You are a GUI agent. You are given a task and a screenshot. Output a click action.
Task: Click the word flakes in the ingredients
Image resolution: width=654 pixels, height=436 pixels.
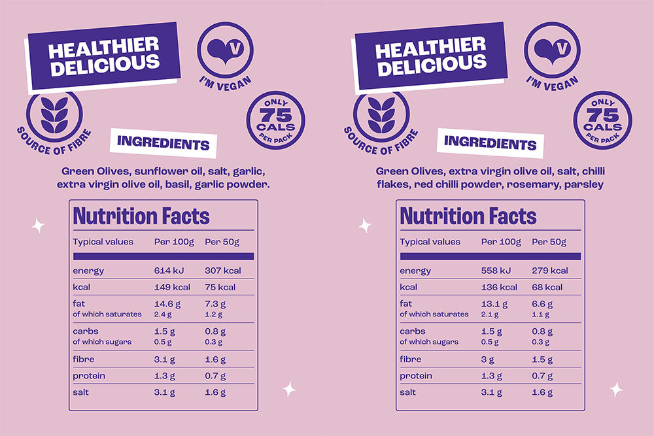tap(391, 185)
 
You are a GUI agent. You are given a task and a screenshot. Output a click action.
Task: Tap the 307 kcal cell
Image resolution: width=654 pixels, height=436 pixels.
tap(224, 271)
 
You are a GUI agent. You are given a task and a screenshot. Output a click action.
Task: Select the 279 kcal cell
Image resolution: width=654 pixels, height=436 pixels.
tap(550, 271)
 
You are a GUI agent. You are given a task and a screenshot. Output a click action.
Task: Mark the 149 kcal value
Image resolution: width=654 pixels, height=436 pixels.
tap(172, 287)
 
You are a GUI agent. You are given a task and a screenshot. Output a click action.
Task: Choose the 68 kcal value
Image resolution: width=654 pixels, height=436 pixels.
tap(547, 287)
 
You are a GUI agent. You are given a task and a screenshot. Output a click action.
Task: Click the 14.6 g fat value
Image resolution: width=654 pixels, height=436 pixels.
tap(167, 303)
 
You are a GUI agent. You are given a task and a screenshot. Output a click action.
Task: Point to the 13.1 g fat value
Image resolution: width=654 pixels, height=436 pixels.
tap(494, 303)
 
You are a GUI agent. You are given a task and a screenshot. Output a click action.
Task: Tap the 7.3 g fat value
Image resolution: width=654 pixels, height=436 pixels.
tap(216, 303)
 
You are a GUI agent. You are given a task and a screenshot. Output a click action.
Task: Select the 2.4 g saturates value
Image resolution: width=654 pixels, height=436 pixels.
tap(162, 314)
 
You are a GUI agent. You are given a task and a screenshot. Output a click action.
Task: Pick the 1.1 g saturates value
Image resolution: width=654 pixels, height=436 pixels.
tap(540, 314)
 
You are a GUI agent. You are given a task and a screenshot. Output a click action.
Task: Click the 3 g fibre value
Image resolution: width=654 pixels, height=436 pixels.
tap(488, 359)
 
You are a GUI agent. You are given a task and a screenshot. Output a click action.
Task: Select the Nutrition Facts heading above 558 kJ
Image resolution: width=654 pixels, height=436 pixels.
tap(468, 216)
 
